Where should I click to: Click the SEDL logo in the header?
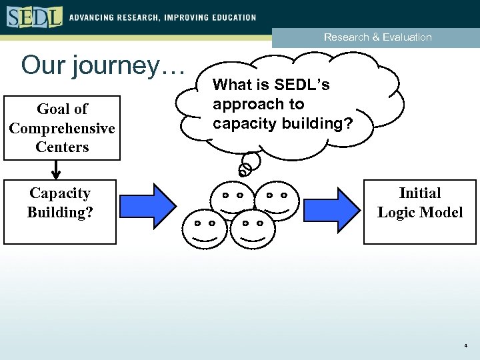34,16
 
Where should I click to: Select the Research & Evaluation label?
377,37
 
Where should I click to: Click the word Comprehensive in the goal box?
62,127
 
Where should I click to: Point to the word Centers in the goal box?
62,147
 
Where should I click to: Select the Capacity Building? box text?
59,203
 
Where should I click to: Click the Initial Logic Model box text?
419,203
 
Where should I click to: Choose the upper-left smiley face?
231,199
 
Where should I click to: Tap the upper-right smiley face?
275,199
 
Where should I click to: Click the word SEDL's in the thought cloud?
303,85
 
